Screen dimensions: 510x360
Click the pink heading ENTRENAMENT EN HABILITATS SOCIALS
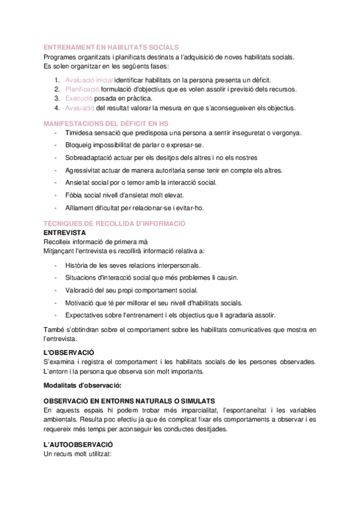click(111, 48)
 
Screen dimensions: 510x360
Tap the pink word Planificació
click(83, 89)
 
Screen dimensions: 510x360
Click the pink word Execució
click(79, 99)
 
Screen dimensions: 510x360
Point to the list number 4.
click(56, 108)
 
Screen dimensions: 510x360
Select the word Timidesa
click(81, 132)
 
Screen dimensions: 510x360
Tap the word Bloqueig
click(81, 145)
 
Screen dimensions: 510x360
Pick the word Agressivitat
click(85, 170)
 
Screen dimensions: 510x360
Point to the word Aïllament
click(82, 207)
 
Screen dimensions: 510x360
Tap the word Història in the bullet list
click(79, 265)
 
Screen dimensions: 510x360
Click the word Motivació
click(82, 302)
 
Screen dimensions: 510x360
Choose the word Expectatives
click(87, 315)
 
